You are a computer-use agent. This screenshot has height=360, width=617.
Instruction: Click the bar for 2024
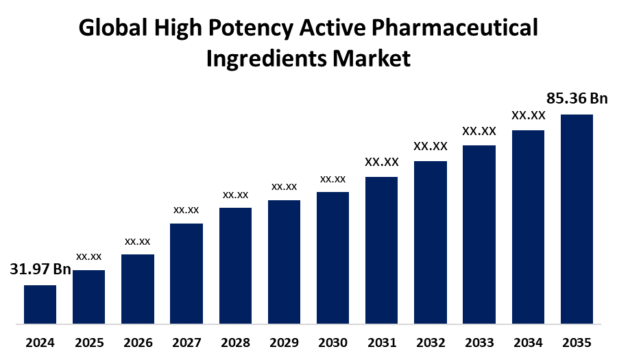click(40, 304)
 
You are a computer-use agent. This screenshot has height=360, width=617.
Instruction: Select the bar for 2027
click(186, 273)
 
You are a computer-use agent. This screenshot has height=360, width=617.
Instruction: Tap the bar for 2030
click(332, 257)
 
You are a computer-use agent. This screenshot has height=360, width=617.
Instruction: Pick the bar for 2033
click(479, 234)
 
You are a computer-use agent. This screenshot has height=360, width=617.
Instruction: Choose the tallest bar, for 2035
click(577, 218)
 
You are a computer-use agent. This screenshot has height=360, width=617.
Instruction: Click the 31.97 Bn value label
click(40, 269)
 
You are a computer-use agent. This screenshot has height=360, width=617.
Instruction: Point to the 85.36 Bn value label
click(577, 98)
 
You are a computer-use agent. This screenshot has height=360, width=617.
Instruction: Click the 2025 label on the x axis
click(89, 342)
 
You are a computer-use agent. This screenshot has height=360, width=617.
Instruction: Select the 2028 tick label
click(235, 342)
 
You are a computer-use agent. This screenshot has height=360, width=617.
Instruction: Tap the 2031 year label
click(381, 342)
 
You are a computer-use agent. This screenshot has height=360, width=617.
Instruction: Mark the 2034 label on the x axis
click(528, 342)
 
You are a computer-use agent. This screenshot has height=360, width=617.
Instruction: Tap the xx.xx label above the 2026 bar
click(137, 241)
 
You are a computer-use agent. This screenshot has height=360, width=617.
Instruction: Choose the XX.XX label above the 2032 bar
click(430, 146)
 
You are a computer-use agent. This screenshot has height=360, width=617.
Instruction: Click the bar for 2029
click(284, 261)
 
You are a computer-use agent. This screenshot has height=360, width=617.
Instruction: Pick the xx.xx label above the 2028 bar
click(235, 195)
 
